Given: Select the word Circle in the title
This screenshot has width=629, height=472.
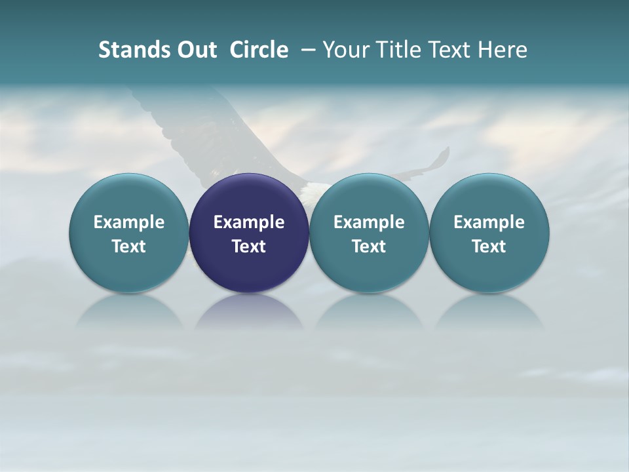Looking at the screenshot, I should tap(259, 50).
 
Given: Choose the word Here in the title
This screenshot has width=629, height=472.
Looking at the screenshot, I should tap(501, 50).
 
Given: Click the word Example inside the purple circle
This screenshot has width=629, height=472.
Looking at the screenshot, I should tap(249, 222).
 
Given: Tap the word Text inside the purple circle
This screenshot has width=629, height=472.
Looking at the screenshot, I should tap(249, 246).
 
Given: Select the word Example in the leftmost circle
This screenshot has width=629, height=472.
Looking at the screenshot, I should tap(129, 222).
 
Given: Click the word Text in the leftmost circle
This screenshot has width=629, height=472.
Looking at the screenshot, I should tap(129, 246).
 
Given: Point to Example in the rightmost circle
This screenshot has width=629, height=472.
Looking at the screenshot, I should tap(489, 222).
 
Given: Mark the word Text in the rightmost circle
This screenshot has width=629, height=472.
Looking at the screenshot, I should tap(489, 246).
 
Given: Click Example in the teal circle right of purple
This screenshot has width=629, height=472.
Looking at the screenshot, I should tap(369, 222).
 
